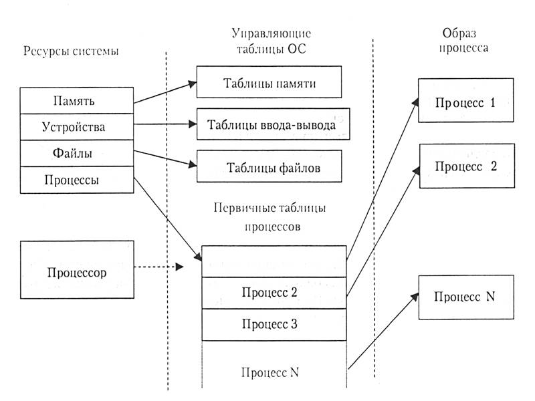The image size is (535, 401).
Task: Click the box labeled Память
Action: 77,101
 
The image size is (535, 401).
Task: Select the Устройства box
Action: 77,126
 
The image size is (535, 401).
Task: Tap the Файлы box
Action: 77,153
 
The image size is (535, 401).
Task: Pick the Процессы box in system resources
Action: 77,179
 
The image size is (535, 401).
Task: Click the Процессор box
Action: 77,271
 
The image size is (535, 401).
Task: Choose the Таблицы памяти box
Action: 269,84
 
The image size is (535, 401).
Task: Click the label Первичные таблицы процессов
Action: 272,217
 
